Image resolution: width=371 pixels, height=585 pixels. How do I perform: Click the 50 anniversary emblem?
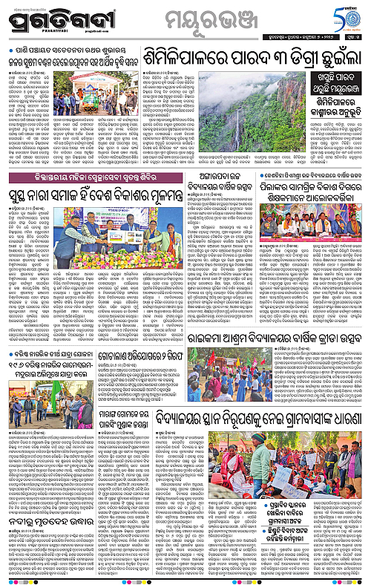pyautogui.click(x=349, y=16)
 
